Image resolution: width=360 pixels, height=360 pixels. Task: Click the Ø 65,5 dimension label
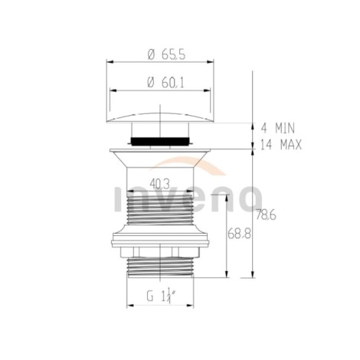click(166, 55)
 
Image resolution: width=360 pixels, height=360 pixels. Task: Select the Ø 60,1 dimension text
click(165, 83)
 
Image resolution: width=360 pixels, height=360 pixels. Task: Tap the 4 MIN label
click(278, 128)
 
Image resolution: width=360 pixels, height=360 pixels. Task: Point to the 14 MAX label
click(281, 145)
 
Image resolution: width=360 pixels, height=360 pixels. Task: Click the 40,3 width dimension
click(159, 184)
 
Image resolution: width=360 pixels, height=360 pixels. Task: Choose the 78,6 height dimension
click(266, 215)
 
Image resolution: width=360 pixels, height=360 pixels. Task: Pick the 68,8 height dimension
click(239, 234)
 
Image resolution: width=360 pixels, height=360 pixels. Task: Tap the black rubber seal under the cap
click(160, 141)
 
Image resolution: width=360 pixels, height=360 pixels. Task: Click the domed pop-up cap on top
click(160, 117)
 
